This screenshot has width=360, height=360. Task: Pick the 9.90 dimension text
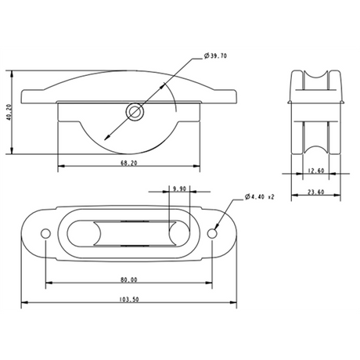coord(179,189)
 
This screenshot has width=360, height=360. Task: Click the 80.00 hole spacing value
coord(129,279)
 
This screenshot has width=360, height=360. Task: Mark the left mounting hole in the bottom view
coord(46,234)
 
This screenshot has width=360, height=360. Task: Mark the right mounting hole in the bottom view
coord(214,234)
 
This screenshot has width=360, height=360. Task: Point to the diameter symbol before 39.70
coord(205,56)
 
